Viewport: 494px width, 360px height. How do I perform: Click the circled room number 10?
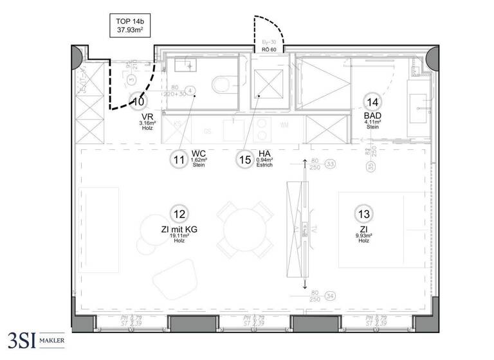point(138,100)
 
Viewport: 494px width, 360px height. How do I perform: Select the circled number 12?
point(178,214)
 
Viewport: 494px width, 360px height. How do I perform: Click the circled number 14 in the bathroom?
point(372,101)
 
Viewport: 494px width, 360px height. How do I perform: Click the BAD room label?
point(372,115)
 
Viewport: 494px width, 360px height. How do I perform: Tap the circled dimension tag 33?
point(331,164)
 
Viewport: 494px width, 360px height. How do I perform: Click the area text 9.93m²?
point(364,236)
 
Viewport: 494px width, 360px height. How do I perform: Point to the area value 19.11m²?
point(178,236)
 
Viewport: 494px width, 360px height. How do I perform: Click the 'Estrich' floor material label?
point(264,166)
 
